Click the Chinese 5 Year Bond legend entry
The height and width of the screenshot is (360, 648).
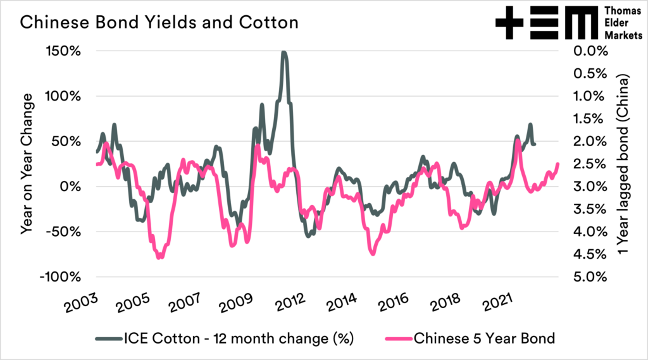[483, 338]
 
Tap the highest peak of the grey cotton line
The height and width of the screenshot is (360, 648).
[284, 53]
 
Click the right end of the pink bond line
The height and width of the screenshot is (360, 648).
[558, 164]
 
